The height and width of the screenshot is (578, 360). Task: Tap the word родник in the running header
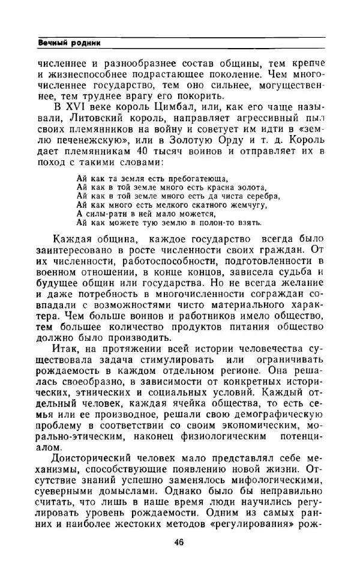click(85, 43)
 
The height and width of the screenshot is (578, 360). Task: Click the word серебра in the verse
click(261, 196)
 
